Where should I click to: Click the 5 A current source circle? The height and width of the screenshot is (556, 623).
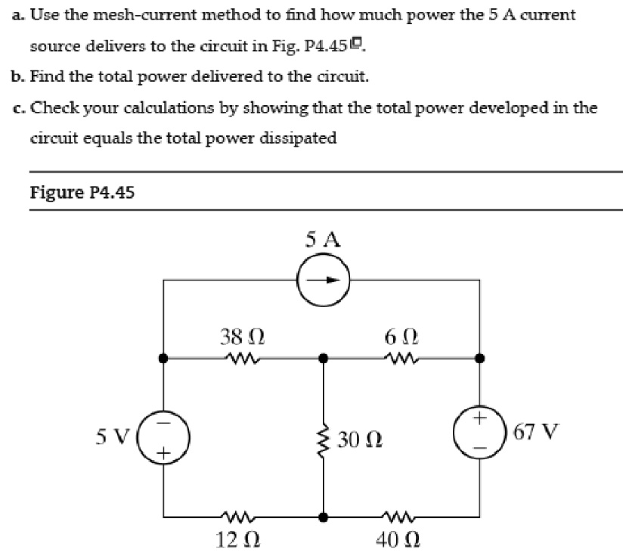pos(323,279)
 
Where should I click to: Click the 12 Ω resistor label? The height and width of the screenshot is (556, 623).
pos(242,541)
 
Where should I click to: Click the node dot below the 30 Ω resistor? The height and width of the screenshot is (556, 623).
pos(324,518)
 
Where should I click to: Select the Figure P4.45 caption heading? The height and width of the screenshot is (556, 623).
pos(82,192)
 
